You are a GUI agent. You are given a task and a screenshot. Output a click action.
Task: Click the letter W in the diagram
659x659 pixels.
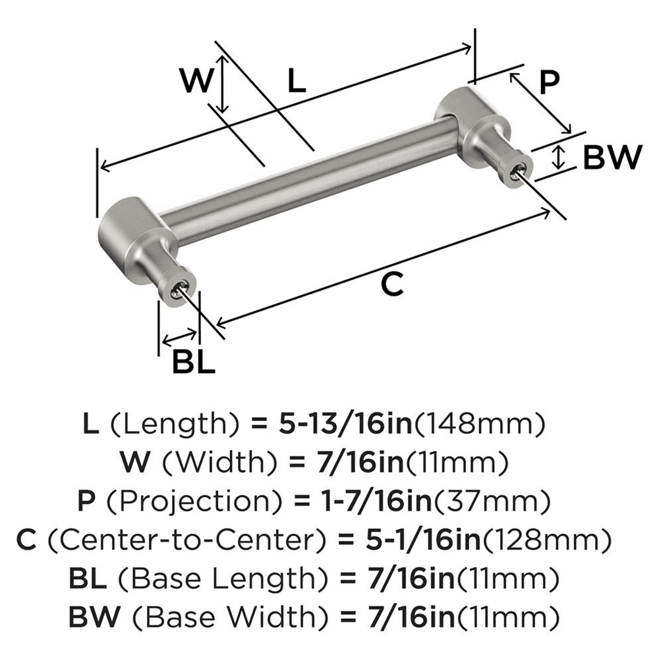click(x=198, y=81)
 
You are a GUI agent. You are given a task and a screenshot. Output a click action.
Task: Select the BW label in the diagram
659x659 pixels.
click(x=612, y=158)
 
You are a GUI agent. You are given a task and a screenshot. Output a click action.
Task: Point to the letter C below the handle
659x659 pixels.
click(x=391, y=284)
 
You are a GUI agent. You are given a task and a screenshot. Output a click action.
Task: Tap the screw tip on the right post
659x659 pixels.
click(x=518, y=173)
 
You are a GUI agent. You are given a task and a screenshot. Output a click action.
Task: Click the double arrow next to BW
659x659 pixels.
click(x=559, y=157)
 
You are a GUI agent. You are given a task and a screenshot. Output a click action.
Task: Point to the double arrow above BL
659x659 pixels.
click(x=179, y=339)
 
